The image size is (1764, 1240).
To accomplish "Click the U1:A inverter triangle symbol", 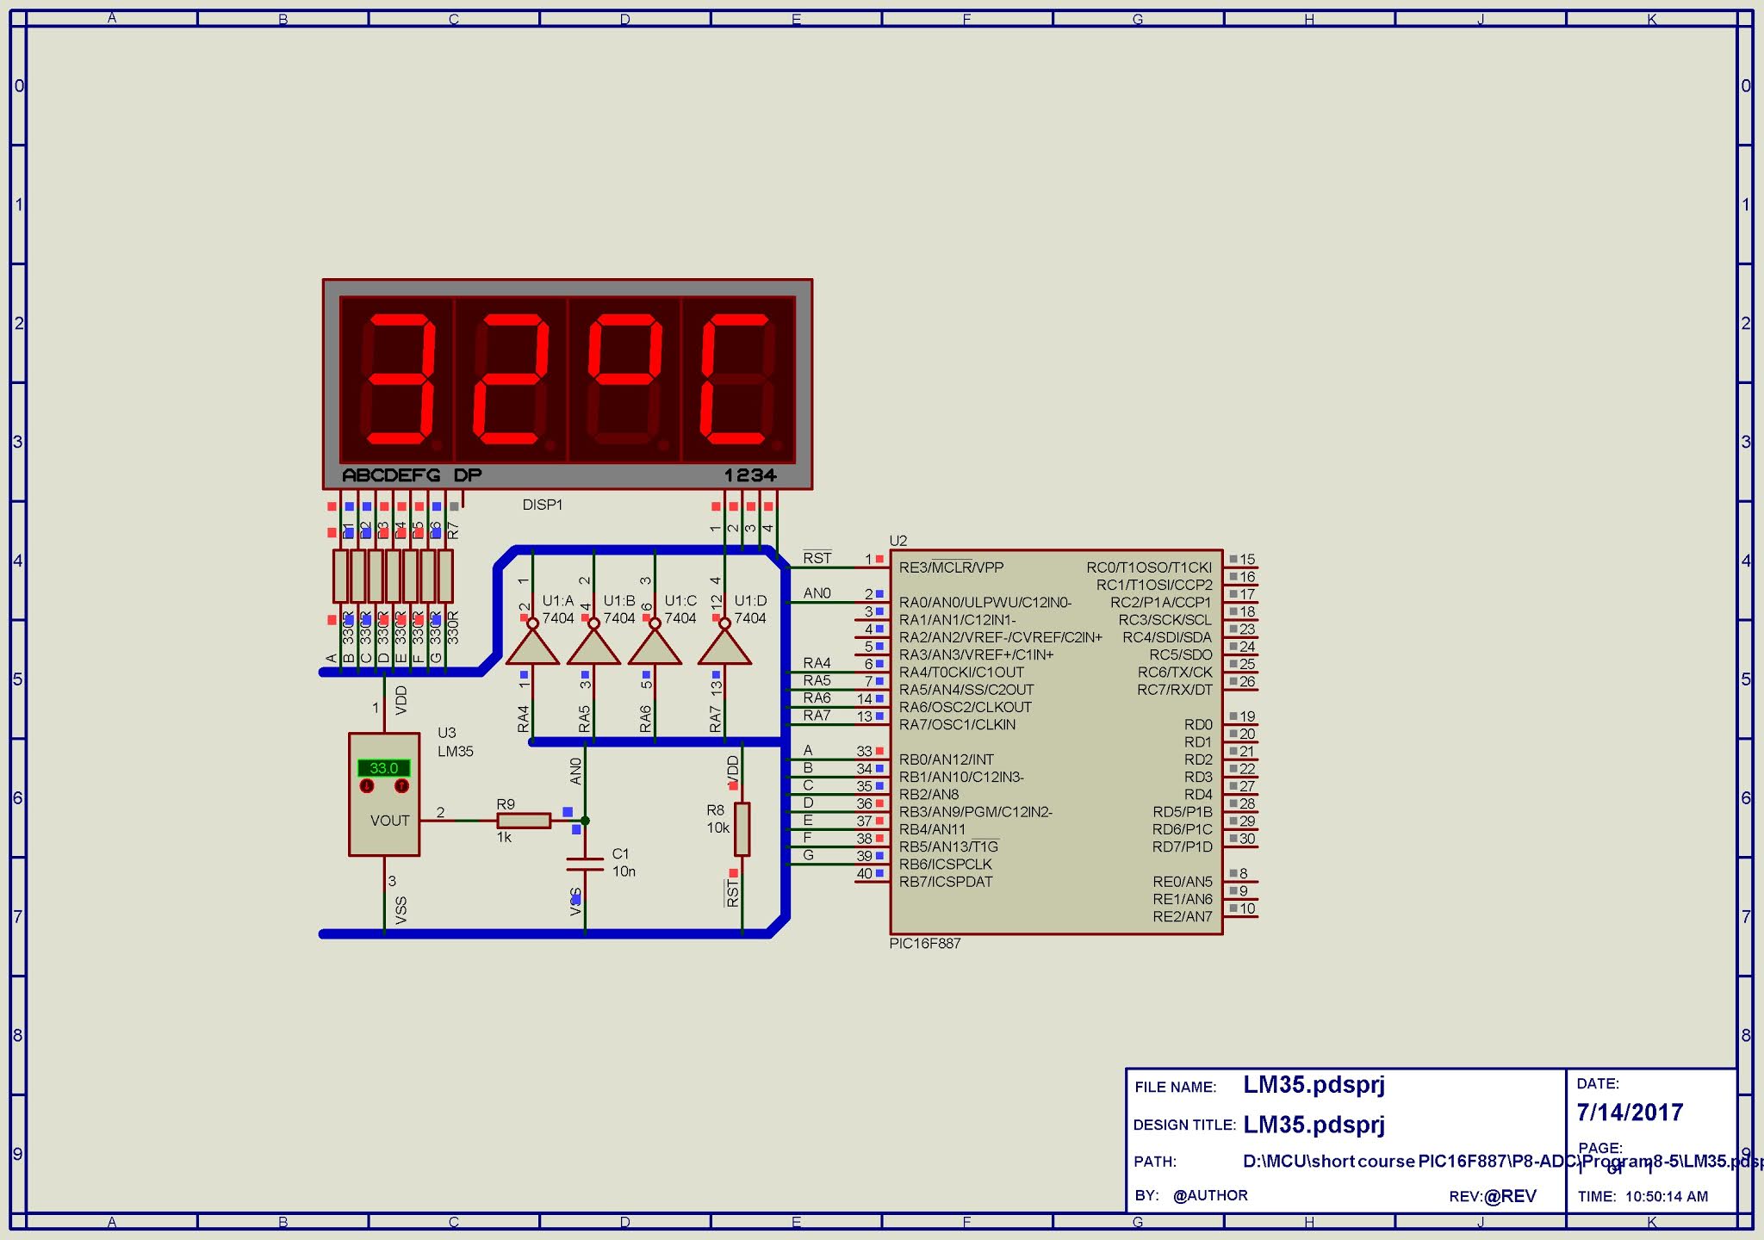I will coord(532,647).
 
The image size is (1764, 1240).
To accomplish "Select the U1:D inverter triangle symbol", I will coord(724,647).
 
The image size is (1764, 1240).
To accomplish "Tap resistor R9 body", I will coord(524,821).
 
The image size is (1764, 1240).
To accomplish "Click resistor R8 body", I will coord(742,829).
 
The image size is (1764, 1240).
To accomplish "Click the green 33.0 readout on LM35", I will coord(384,768).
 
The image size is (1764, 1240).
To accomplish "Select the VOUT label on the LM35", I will coord(389,821).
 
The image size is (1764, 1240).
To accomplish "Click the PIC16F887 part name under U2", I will coord(924,944).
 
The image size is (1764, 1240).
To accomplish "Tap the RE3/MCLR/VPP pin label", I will coord(951,567).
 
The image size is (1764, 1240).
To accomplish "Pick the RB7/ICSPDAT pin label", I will coord(946,882).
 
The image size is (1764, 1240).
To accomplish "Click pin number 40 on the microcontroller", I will coord(864,873).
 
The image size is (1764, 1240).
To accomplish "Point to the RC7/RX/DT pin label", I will coord(1174,690).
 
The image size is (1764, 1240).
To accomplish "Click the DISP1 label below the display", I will coord(542,505).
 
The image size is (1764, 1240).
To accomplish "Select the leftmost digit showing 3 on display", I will coord(398,379).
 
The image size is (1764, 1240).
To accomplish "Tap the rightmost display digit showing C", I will coord(737,379).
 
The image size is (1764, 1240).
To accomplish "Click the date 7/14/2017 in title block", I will coord(1630,1113).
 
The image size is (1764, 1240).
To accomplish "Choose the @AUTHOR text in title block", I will coord(1210,1195).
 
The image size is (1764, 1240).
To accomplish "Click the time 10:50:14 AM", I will coord(1667,1196).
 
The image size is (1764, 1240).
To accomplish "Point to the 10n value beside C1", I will coord(624,871).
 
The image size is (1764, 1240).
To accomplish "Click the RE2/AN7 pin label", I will coord(1182,916).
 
